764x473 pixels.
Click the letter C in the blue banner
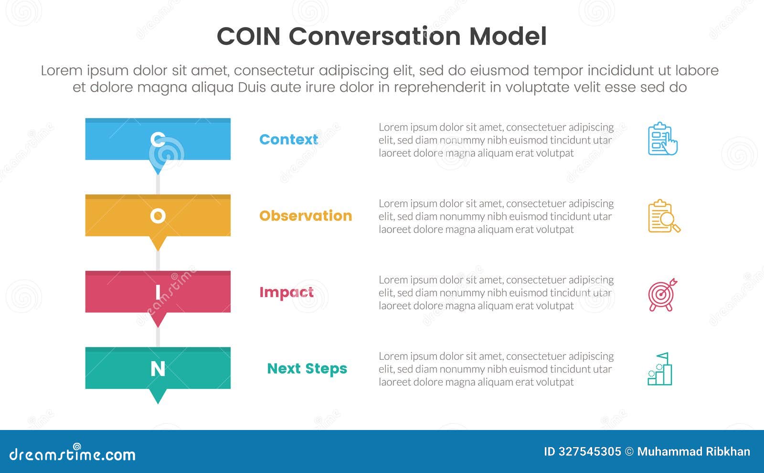[x=158, y=139]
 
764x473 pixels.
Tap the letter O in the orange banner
[x=158, y=216]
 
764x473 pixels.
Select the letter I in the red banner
[x=158, y=292]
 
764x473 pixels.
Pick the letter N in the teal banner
[x=158, y=368]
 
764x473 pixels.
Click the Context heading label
[x=288, y=140]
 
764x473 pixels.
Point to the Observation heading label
[x=306, y=216]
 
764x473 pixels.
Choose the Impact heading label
[x=286, y=292]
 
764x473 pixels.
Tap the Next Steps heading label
[x=307, y=369]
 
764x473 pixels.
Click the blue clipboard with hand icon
[x=663, y=139]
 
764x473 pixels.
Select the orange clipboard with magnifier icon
[x=664, y=216]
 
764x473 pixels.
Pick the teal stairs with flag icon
[x=660, y=369]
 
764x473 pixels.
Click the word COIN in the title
[x=248, y=36]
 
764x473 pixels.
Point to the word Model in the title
[x=508, y=36]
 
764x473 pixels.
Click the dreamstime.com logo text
[x=73, y=454]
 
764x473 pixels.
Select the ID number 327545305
[x=590, y=451]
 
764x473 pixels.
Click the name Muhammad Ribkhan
[x=693, y=451]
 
